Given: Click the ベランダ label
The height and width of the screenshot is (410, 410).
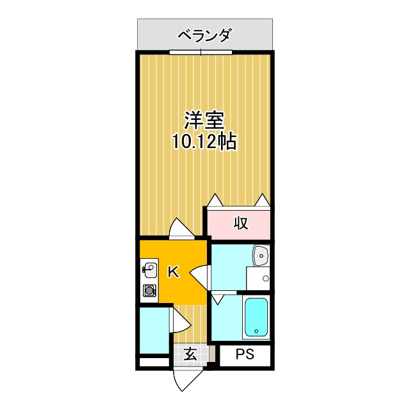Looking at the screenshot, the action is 204,36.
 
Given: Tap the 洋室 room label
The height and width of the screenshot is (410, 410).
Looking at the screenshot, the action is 204,121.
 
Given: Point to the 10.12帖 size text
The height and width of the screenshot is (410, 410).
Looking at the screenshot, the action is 204,142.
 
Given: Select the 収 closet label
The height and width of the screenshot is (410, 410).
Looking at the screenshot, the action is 241,224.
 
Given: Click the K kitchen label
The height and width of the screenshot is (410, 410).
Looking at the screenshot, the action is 174,272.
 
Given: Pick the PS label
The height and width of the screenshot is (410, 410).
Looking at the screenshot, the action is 245,354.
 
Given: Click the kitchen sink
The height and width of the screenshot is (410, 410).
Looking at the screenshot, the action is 149,271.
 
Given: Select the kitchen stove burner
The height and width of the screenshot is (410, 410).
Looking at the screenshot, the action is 149,291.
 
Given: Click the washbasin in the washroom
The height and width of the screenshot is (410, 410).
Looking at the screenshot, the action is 261,256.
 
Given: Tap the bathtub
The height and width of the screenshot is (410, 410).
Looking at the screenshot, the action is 256,317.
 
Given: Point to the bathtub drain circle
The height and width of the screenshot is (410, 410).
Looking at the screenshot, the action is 256,331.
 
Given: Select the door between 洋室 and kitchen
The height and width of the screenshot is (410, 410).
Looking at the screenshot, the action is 181,228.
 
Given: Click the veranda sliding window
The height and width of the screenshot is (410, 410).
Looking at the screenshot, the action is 201,53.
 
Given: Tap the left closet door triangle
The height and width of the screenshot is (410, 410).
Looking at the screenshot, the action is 215,201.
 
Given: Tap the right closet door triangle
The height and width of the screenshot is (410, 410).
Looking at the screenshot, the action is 262,201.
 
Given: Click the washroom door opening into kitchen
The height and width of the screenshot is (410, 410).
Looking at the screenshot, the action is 199,277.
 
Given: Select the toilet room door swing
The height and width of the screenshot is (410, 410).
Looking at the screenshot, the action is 181,320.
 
